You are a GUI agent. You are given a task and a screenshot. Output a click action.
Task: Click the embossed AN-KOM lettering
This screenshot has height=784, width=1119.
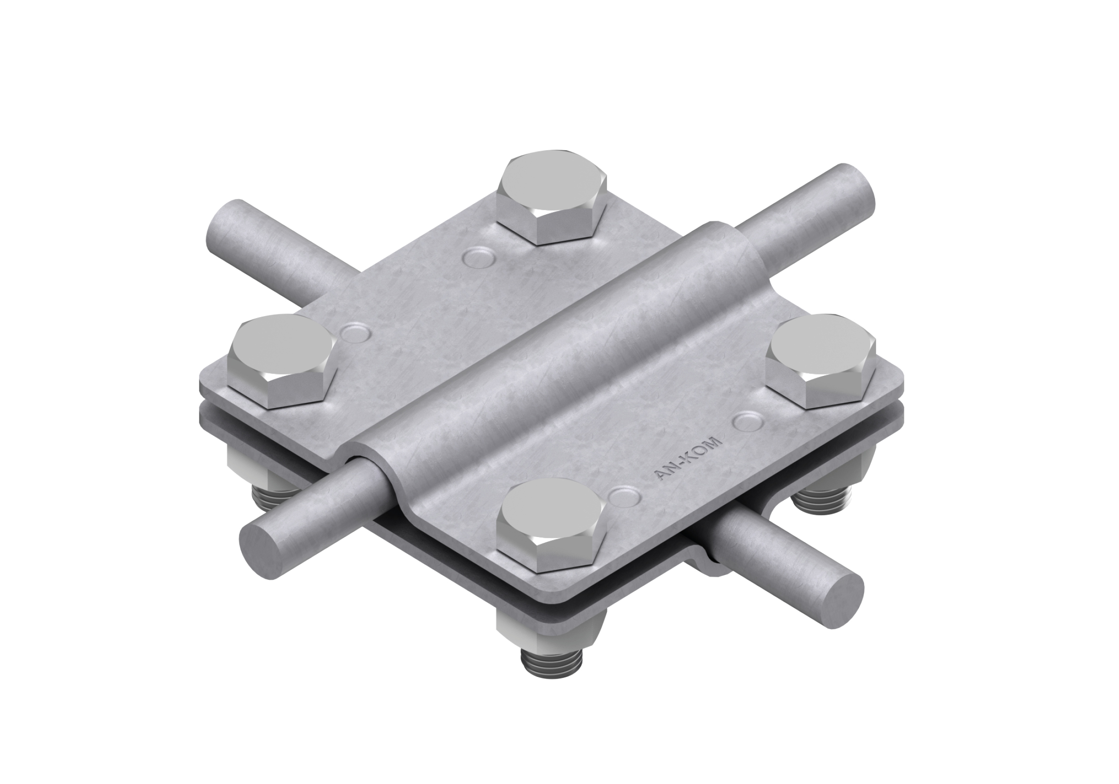coord(688,459)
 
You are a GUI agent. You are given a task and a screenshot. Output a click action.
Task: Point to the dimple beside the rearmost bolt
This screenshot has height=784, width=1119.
coord(478,257)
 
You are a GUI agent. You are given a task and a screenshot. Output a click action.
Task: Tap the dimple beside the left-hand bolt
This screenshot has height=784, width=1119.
coord(356,332)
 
